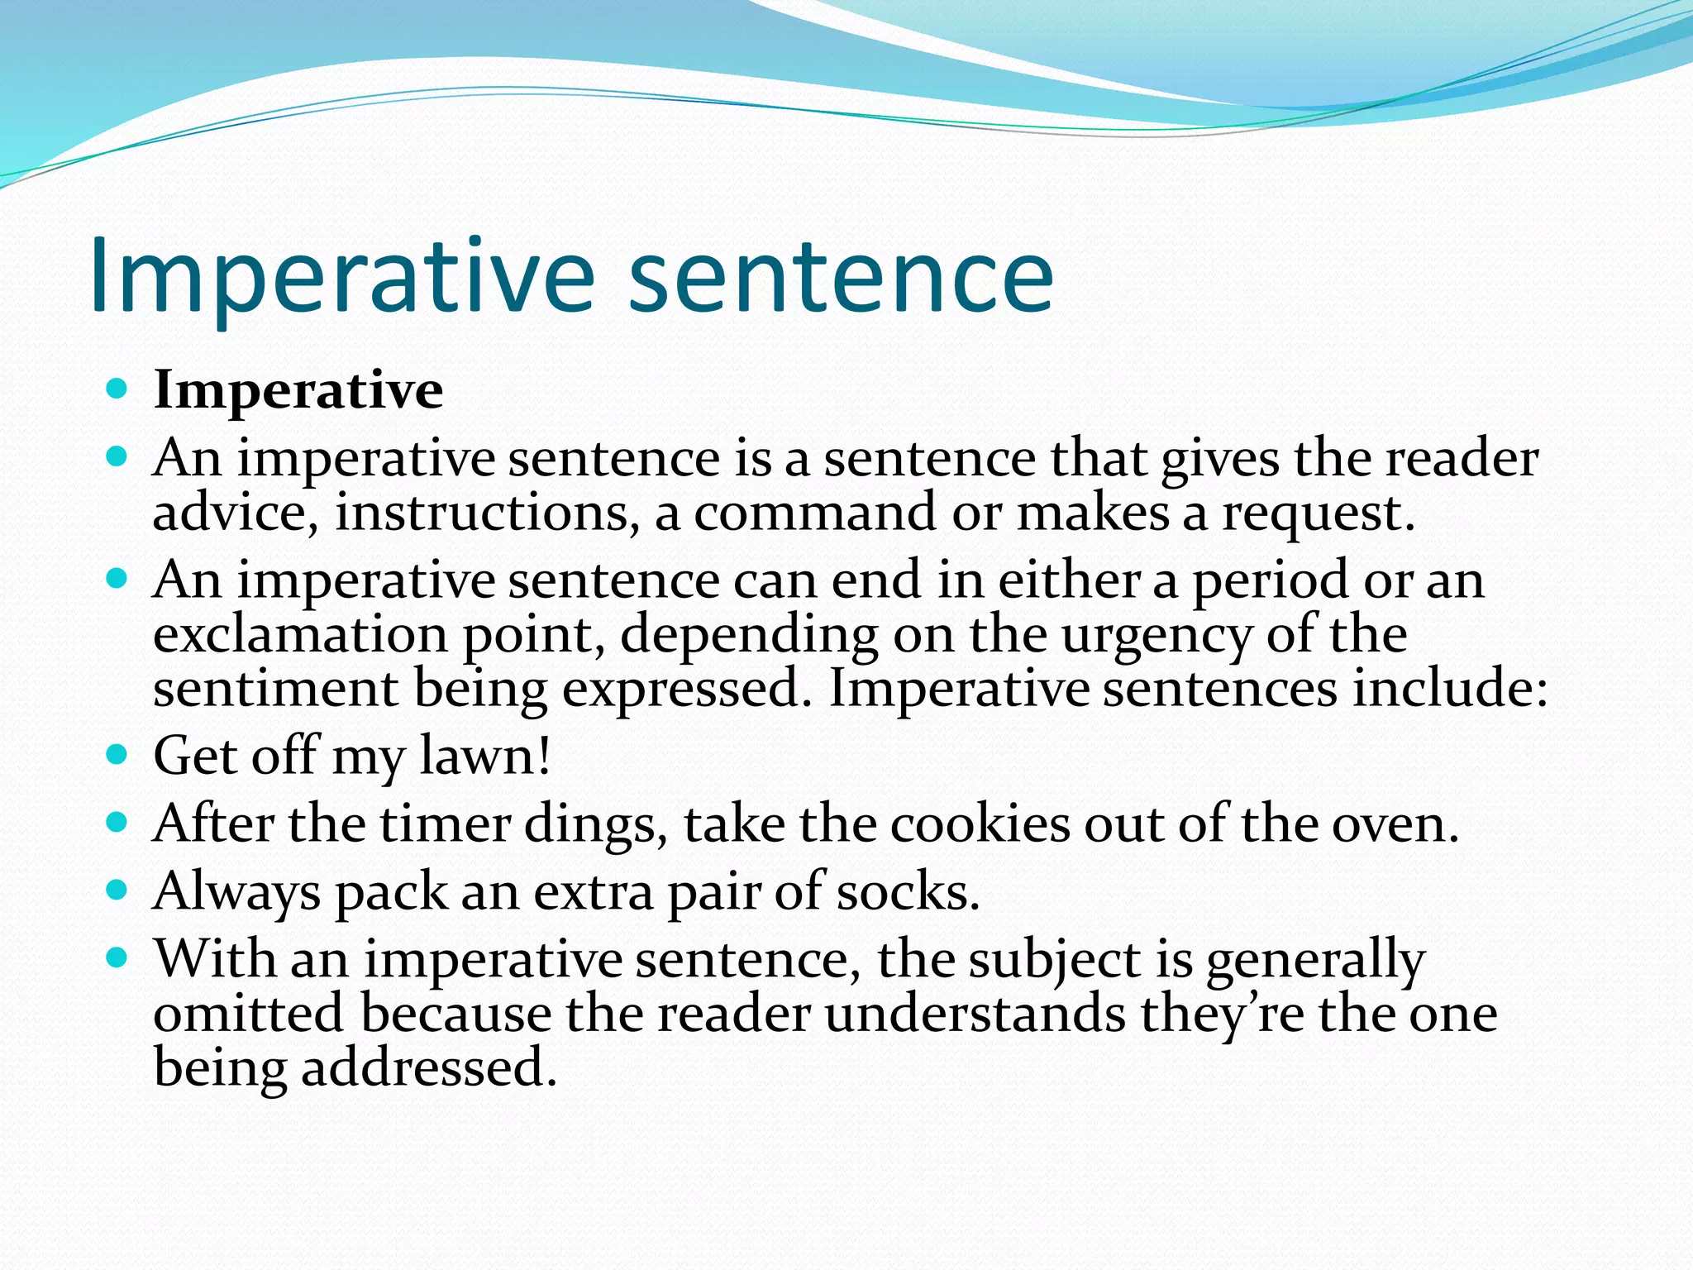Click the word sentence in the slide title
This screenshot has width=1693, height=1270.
tap(841, 275)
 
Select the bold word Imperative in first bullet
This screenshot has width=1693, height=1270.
tap(298, 389)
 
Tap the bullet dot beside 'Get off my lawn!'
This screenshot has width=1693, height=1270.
tap(117, 753)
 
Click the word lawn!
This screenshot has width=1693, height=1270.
tap(484, 755)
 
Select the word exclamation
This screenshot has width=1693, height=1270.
tap(300, 635)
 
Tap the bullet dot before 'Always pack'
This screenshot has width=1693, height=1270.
tap(117, 890)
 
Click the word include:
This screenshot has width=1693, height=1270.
tap(1450, 689)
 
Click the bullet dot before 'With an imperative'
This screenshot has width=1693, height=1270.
tap(117, 958)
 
